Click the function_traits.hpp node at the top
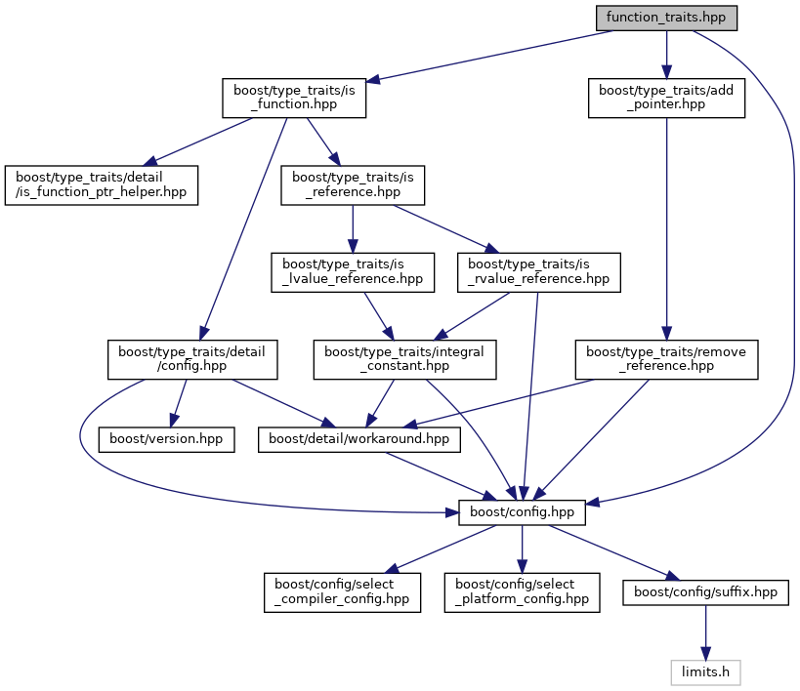666,18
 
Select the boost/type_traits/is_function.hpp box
293,98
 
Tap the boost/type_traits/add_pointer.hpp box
666,98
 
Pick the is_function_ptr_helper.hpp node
102,184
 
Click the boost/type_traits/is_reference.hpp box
354,184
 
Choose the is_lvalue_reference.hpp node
353,271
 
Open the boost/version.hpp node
167,439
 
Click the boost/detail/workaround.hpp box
358,439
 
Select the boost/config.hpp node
522,511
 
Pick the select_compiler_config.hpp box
342,591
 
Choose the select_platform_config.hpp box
523,591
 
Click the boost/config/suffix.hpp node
705,591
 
